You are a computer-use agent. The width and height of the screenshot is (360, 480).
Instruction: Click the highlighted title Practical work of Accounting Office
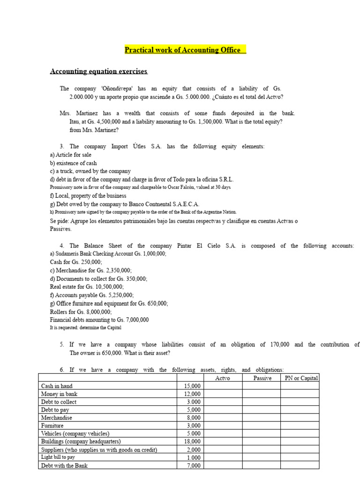(x=185, y=50)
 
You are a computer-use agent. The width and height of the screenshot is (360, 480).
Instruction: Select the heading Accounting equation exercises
(x=98, y=71)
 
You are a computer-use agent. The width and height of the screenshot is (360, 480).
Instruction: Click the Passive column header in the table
(x=262, y=378)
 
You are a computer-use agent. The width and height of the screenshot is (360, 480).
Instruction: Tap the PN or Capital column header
(x=301, y=378)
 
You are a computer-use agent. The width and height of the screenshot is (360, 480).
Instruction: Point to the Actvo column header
(x=222, y=378)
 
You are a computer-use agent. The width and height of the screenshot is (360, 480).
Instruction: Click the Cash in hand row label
(x=57, y=386)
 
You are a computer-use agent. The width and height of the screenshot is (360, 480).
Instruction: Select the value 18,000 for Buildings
(x=193, y=442)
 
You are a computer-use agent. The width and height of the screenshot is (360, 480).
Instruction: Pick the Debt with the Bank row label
(x=64, y=465)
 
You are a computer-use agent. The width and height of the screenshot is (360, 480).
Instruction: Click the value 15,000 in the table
(x=193, y=386)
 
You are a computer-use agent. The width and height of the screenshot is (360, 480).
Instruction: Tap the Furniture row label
(x=52, y=426)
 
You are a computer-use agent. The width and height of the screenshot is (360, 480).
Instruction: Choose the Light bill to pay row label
(x=58, y=457)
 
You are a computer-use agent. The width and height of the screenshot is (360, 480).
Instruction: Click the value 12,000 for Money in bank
(x=193, y=394)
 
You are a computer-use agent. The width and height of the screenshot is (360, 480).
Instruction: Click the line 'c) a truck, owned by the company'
(x=90, y=172)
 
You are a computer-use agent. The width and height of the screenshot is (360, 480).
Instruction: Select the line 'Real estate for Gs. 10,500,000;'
(x=87, y=287)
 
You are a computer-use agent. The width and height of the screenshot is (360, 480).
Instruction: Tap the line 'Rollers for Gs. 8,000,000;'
(x=81, y=312)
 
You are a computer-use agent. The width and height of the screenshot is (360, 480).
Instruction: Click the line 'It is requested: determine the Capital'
(x=85, y=328)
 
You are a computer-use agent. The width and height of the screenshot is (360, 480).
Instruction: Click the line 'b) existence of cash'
(x=74, y=163)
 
